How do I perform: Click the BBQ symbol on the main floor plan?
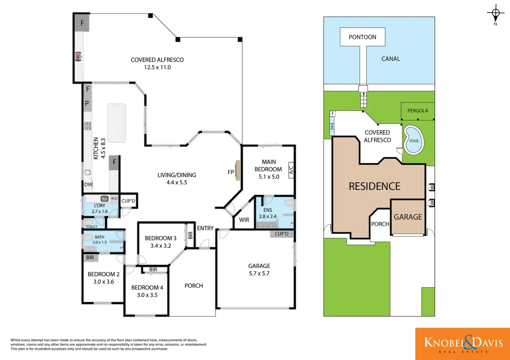pyautogui.click(x=78, y=57)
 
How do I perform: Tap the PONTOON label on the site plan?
pyautogui.click(x=362, y=37)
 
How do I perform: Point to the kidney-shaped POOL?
pyautogui.click(x=414, y=140)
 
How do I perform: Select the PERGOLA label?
pyautogui.click(x=417, y=111)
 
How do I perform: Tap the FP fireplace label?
pyautogui.click(x=231, y=172)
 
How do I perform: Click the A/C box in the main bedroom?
pyautogui.click(x=291, y=170)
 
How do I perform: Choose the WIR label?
pyautogui.click(x=244, y=220)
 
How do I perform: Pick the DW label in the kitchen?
pyautogui.click(x=88, y=184)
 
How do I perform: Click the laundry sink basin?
pyautogui.click(x=105, y=198)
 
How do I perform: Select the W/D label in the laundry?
pyautogui.click(x=114, y=199)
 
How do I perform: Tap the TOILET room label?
pyautogui.click(x=91, y=227)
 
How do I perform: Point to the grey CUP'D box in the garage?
pyautogui.click(x=282, y=234)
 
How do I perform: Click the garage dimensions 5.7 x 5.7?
pyautogui.click(x=259, y=273)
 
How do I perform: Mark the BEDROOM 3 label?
pyautogui.click(x=160, y=238)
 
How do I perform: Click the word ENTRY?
pyautogui.click(x=205, y=228)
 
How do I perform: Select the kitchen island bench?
pyautogui.click(x=116, y=123)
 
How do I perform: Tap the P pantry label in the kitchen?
pyautogui.click(x=87, y=104)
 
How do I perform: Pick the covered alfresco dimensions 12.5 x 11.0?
pyautogui.click(x=157, y=67)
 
